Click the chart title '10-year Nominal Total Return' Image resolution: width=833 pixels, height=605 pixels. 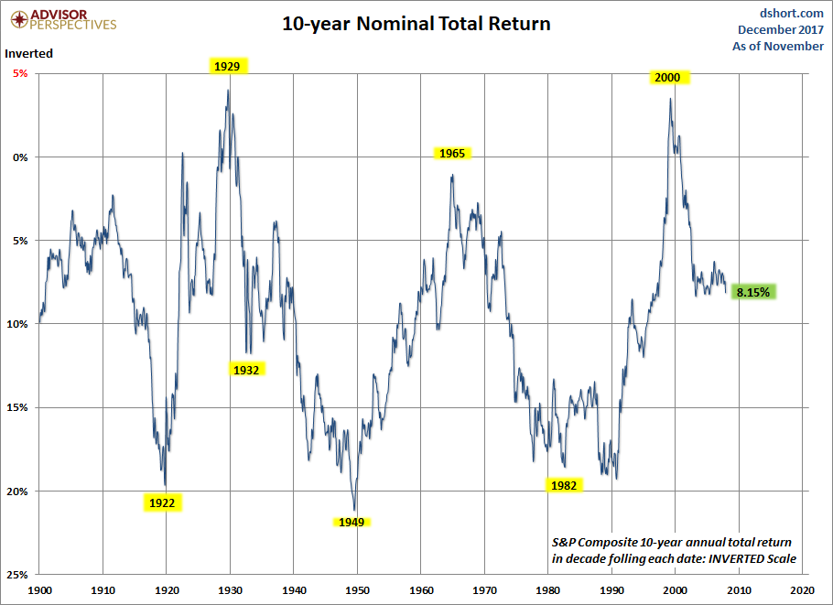tap(416, 24)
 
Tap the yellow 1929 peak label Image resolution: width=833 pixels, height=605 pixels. tap(226, 66)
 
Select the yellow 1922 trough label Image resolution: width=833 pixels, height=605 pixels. tap(162, 502)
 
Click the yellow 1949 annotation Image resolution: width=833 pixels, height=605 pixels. tap(352, 522)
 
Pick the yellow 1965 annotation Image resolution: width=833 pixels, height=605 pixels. tap(452, 153)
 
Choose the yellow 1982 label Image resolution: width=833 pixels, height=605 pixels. tap(564, 485)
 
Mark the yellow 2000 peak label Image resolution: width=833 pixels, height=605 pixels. tap(667, 78)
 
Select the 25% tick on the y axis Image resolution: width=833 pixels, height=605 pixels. tap(16, 575)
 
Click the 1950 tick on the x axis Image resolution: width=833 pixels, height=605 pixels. tap(357, 591)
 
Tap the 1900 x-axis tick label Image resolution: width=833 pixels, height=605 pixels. tap(40, 591)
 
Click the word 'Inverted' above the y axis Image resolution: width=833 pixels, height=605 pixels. tap(29, 53)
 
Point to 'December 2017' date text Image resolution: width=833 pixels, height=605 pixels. tap(781, 29)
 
